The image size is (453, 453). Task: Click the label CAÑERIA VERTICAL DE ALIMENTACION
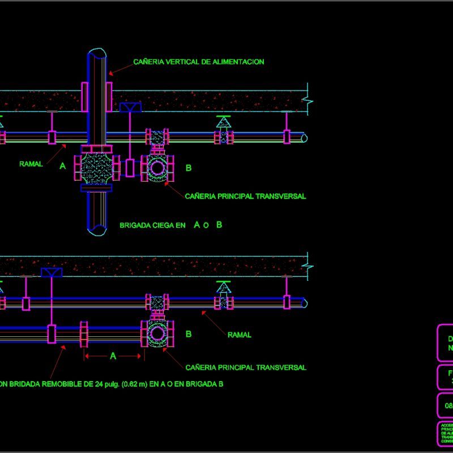[199, 62]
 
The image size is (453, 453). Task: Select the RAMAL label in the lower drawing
[239, 335]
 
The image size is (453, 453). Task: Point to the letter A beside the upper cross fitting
[62, 166]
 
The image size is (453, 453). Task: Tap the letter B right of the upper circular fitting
[189, 168]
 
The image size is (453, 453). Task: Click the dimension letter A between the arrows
[113, 356]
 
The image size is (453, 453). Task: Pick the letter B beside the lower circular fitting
[189, 334]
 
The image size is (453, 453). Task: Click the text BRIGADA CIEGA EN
[152, 225]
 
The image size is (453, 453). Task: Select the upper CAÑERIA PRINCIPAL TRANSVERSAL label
[245, 196]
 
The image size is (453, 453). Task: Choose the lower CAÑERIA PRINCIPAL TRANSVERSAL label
[245, 367]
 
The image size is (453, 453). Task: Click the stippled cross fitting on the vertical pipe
[97, 167]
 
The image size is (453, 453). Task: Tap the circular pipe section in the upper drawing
[157, 168]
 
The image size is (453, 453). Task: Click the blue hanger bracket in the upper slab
[131, 107]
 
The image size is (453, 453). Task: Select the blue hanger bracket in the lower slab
[52, 272]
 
